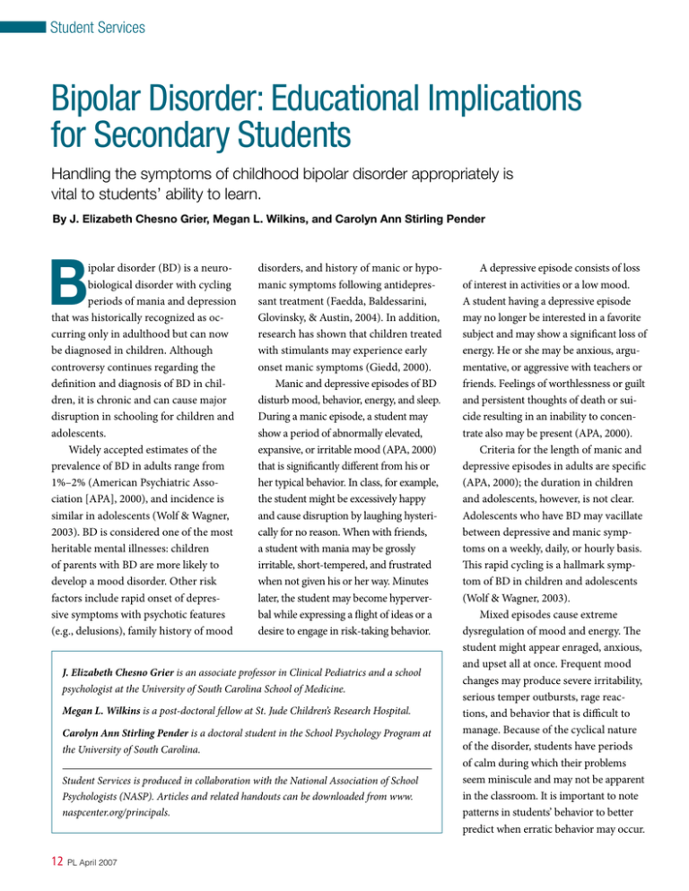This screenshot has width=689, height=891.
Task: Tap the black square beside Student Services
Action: pyautogui.click(x=23, y=28)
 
